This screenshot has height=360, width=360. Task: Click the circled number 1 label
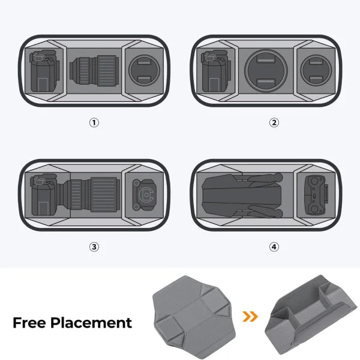(94, 122)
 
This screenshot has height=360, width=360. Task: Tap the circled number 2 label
(274, 122)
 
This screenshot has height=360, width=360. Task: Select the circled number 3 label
(94, 247)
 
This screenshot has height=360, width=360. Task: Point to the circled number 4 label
(274, 247)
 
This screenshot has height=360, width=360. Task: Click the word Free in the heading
(29, 323)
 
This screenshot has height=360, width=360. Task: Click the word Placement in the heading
(91, 323)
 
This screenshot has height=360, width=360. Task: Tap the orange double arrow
(250, 316)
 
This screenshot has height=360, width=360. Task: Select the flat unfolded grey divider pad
(194, 317)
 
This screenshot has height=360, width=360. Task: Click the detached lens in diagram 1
(94, 71)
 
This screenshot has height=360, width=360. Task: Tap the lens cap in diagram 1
(144, 70)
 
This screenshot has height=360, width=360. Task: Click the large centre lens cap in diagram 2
(266, 70)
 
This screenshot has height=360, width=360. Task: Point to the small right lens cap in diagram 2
(316, 70)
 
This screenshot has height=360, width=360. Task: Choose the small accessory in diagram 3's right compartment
(143, 194)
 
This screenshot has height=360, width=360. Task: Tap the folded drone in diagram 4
(242, 195)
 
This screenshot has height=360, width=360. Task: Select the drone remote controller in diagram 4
(316, 194)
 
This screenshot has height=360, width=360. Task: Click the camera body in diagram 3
(44, 194)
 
